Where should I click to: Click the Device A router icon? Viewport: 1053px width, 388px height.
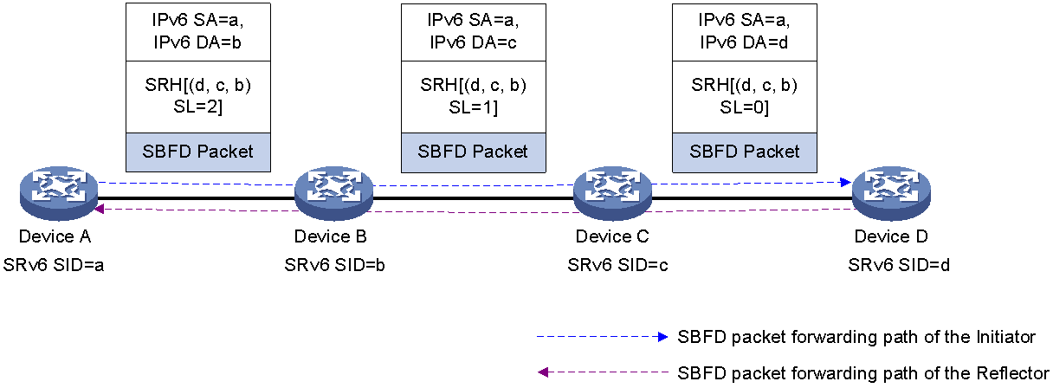(x=59, y=193)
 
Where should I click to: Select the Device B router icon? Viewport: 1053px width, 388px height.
(x=333, y=193)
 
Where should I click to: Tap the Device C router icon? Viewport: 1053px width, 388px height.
(x=612, y=193)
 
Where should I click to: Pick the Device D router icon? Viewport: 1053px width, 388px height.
(x=891, y=193)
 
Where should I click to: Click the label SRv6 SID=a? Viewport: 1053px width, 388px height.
(x=54, y=265)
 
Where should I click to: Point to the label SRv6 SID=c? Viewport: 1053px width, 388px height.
(x=617, y=265)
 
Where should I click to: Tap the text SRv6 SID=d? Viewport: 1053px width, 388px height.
(x=898, y=265)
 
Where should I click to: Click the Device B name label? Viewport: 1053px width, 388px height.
(x=330, y=236)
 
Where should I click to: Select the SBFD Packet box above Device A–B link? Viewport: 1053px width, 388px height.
(x=198, y=152)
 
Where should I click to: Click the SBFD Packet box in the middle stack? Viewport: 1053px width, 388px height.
(x=474, y=152)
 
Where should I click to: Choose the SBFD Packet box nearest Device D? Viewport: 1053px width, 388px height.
(x=745, y=152)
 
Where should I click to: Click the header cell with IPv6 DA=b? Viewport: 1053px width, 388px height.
(x=198, y=32)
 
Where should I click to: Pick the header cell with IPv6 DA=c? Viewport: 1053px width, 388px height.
(x=474, y=32)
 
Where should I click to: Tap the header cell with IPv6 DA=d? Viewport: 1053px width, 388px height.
(x=745, y=32)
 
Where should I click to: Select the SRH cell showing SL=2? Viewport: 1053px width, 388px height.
(x=198, y=97)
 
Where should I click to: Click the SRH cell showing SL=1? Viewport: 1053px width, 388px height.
(x=474, y=97)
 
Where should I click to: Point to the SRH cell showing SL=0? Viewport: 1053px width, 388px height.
(x=745, y=97)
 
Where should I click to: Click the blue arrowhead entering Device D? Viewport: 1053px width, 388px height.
(x=846, y=182)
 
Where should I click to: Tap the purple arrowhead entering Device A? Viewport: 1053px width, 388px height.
(x=99, y=209)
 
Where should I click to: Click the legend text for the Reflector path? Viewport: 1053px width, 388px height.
(x=863, y=373)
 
